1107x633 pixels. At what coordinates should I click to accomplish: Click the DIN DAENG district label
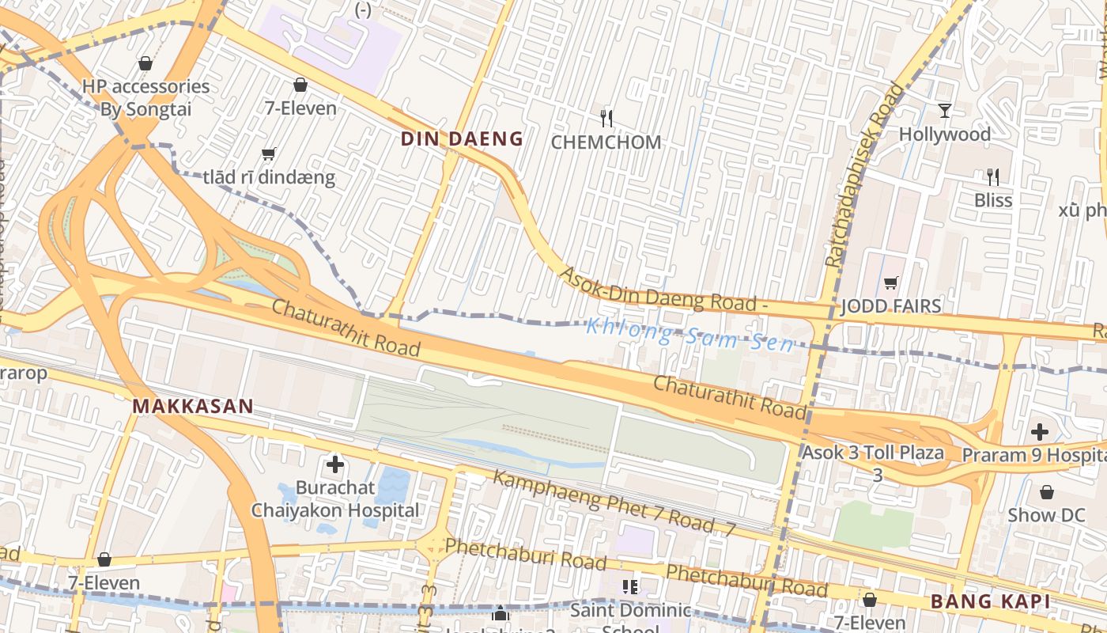coord(462,139)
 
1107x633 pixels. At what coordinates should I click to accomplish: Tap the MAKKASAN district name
coord(193,407)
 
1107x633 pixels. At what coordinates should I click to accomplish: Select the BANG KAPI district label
coord(990,602)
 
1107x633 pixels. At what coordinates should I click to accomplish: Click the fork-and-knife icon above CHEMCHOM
coord(606,119)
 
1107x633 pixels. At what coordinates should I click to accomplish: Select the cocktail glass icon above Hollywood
coord(944,110)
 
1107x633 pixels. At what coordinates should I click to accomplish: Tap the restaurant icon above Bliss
coord(993,176)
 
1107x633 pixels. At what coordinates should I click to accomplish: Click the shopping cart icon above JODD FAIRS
coord(891,282)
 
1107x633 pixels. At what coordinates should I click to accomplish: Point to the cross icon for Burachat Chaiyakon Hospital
coord(335,464)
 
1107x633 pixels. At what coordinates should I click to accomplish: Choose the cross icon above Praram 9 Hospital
coord(1040,432)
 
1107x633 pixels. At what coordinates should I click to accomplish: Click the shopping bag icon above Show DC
coord(1047,492)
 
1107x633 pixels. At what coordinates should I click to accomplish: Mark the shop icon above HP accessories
coord(145,63)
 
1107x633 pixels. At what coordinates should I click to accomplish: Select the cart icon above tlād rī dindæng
coord(269,154)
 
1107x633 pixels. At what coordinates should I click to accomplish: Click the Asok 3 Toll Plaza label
coord(873,453)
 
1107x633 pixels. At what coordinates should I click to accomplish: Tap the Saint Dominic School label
coord(630,611)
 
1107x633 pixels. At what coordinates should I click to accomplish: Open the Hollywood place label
coord(944,135)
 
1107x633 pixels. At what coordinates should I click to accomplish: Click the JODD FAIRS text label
coord(891,306)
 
